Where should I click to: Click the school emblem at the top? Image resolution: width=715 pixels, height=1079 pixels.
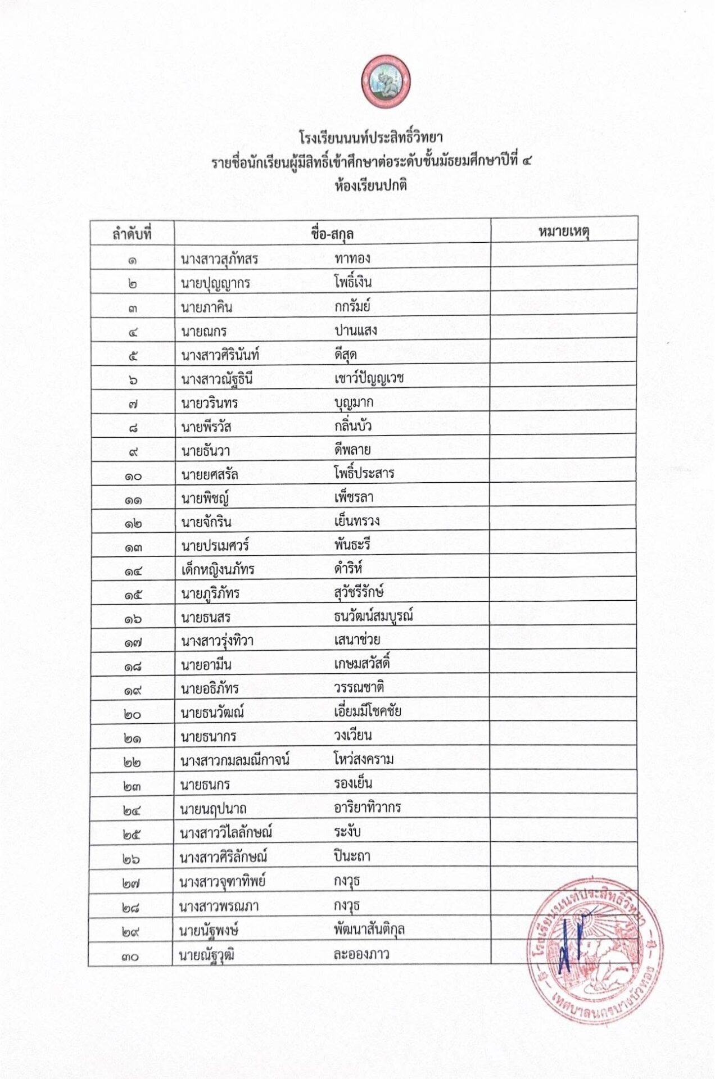(386, 83)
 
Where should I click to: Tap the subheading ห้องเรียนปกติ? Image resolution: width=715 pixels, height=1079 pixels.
(370, 185)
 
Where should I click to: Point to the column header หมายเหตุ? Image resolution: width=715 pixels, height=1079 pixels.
(564, 232)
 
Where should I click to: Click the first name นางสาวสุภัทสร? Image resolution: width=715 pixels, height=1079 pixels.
(219, 259)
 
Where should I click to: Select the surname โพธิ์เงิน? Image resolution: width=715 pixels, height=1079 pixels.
(352, 282)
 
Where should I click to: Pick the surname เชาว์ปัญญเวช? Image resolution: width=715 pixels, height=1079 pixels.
(369, 378)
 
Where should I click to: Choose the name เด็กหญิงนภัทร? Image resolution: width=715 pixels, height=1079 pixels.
(218, 570)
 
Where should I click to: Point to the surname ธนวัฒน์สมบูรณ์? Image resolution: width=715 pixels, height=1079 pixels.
(373, 616)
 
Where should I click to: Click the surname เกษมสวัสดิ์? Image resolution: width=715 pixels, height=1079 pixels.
(361, 664)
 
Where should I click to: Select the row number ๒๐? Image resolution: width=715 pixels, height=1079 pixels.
(133, 715)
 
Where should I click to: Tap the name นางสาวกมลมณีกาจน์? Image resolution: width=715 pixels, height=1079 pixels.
(235, 761)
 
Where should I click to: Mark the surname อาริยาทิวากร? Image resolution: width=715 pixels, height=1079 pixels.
(367, 808)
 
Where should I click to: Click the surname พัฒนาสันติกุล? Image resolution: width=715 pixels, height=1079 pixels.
(369, 930)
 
